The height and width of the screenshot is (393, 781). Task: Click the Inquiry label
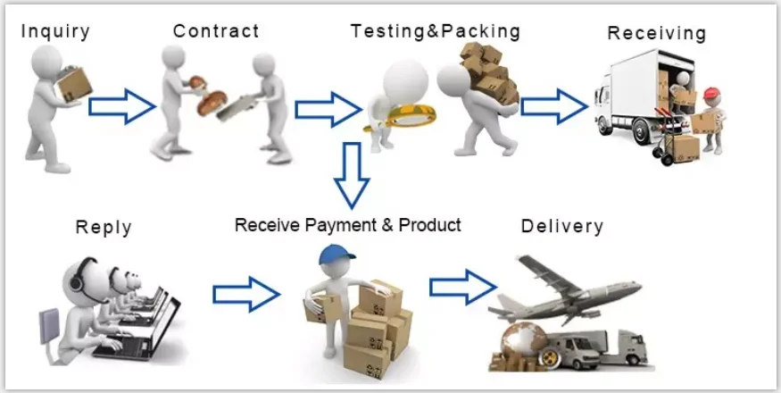(x=54, y=31)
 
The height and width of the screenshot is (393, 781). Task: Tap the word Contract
(x=216, y=31)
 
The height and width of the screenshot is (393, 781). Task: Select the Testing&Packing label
(x=435, y=30)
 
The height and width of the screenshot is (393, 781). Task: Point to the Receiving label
(x=656, y=33)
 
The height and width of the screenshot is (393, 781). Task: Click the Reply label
(x=104, y=227)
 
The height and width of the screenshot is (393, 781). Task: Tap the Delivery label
(x=561, y=225)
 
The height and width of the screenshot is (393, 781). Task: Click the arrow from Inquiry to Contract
(x=122, y=105)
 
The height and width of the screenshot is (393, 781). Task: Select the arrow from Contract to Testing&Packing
(x=325, y=108)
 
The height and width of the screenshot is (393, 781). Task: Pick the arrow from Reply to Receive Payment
(x=246, y=292)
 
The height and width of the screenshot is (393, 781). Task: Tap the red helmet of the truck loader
(x=710, y=93)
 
